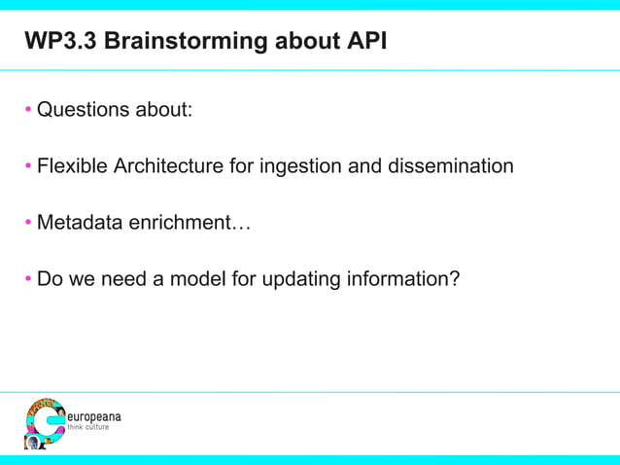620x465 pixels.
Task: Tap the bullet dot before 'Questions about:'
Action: (x=29, y=109)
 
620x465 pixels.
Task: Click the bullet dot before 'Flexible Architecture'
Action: (x=29, y=166)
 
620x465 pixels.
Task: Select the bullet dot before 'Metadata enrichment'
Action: (x=29, y=224)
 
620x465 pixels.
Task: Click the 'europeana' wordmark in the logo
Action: (x=93, y=416)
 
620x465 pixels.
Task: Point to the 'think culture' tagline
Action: (x=88, y=428)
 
